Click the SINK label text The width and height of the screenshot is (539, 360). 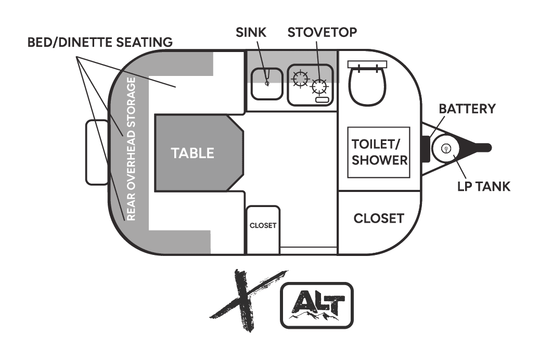pos(251,32)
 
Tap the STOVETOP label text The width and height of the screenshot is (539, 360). pos(322,32)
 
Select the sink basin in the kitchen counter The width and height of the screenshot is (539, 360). pos(267,84)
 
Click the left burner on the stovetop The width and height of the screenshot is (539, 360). pos(300,79)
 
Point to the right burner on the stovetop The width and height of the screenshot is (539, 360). pos(319,86)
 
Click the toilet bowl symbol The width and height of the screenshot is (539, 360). pos(367,86)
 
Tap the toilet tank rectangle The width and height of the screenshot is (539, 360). pos(367,65)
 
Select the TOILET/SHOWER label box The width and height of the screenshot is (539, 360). pos(379,152)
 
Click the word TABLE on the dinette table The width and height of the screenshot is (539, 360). pos(192,153)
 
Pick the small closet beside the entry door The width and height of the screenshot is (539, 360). pos(263,230)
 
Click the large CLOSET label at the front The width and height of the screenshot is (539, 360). pos(379,218)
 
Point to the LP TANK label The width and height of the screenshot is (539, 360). pos(484,186)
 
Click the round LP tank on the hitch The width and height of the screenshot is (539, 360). pos(445,148)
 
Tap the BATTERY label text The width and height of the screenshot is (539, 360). pos(467,109)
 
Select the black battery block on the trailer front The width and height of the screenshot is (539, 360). pos(426,149)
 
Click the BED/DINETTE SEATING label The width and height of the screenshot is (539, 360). pos(100,42)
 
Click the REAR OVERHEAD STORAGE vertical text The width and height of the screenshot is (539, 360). pos(131,149)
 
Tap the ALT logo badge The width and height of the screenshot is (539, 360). pos(317,305)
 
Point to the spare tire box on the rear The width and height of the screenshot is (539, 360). pos(97,152)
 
